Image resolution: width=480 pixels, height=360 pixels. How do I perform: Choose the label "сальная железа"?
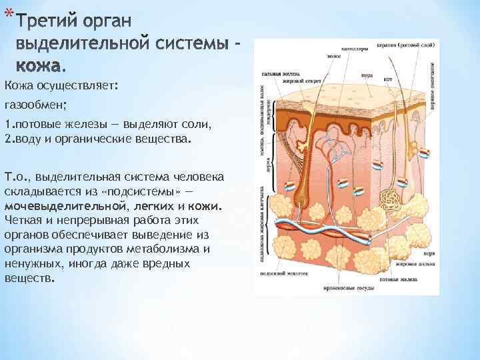278,74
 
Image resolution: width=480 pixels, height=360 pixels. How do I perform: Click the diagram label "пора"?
365,75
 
